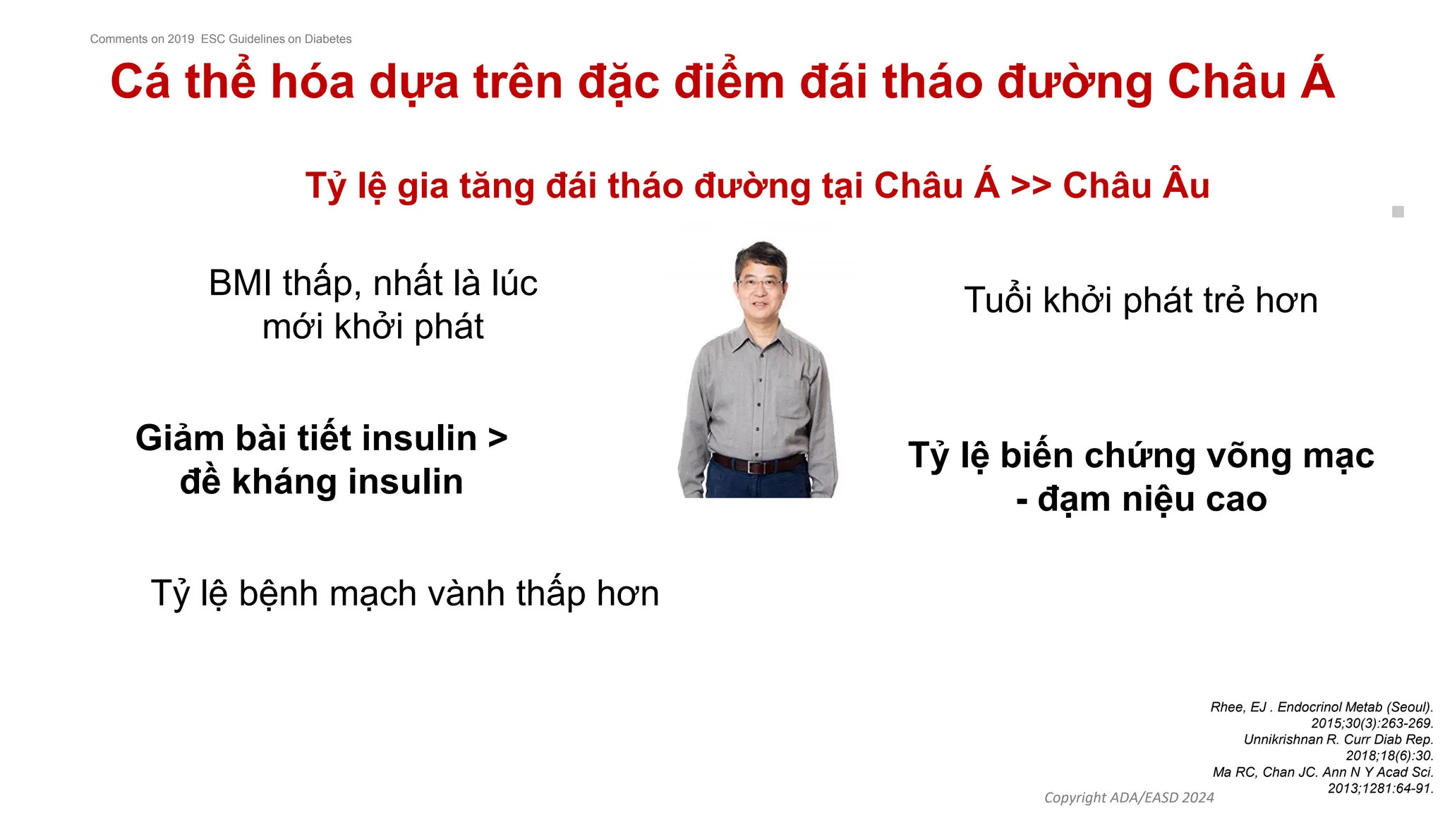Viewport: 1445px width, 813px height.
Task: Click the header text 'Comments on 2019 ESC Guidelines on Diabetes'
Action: pos(220,39)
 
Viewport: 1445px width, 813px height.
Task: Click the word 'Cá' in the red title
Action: pos(140,82)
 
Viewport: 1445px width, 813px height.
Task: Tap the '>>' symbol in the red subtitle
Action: pos(1030,186)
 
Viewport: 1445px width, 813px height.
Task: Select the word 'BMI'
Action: pos(240,284)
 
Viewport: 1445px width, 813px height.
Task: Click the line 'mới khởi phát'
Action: pos(373,327)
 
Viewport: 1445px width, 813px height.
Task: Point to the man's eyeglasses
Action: pos(761,284)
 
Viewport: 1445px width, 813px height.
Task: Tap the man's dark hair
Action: pos(761,255)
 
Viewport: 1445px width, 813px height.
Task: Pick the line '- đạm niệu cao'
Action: pos(1141,500)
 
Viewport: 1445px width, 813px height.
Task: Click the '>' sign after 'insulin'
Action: pos(497,438)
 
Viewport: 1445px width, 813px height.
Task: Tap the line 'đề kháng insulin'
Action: pos(321,482)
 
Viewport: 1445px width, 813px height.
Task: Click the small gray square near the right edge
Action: pos(1398,212)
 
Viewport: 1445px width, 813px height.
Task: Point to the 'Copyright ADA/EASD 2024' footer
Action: pos(1129,797)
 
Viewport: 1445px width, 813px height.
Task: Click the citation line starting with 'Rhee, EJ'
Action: pos(1322,707)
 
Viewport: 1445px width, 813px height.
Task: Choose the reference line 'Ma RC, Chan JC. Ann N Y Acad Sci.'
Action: pos(1323,772)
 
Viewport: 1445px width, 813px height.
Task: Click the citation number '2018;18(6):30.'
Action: pos(1389,756)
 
